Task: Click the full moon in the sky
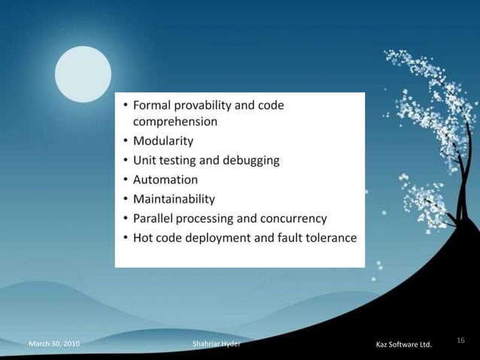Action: [x=83, y=74]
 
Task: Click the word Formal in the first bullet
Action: [x=153, y=105]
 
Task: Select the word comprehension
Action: [x=176, y=121]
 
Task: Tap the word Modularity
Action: [x=163, y=141]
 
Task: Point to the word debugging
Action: [x=246, y=160]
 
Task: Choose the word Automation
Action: [x=166, y=180]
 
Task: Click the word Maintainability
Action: [x=174, y=200]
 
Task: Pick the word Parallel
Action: [x=153, y=219]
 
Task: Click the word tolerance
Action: [x=327, y=239]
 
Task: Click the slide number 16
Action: [x=460, y=341]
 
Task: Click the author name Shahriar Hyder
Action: [x=217, y=344]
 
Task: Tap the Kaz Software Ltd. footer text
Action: [x=403, y=345]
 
